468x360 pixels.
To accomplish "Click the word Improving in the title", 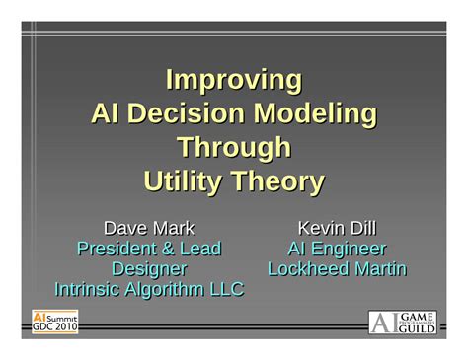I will (x=233, y=79).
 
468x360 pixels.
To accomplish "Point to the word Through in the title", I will (x=233, y=148).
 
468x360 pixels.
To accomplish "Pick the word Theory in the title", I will (x=279, y=182).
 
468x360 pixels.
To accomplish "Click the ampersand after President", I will (x=169, y=249).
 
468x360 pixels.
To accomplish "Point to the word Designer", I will (x=149, y=268).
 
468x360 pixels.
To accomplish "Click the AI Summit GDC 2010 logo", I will (x=55, y=322).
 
